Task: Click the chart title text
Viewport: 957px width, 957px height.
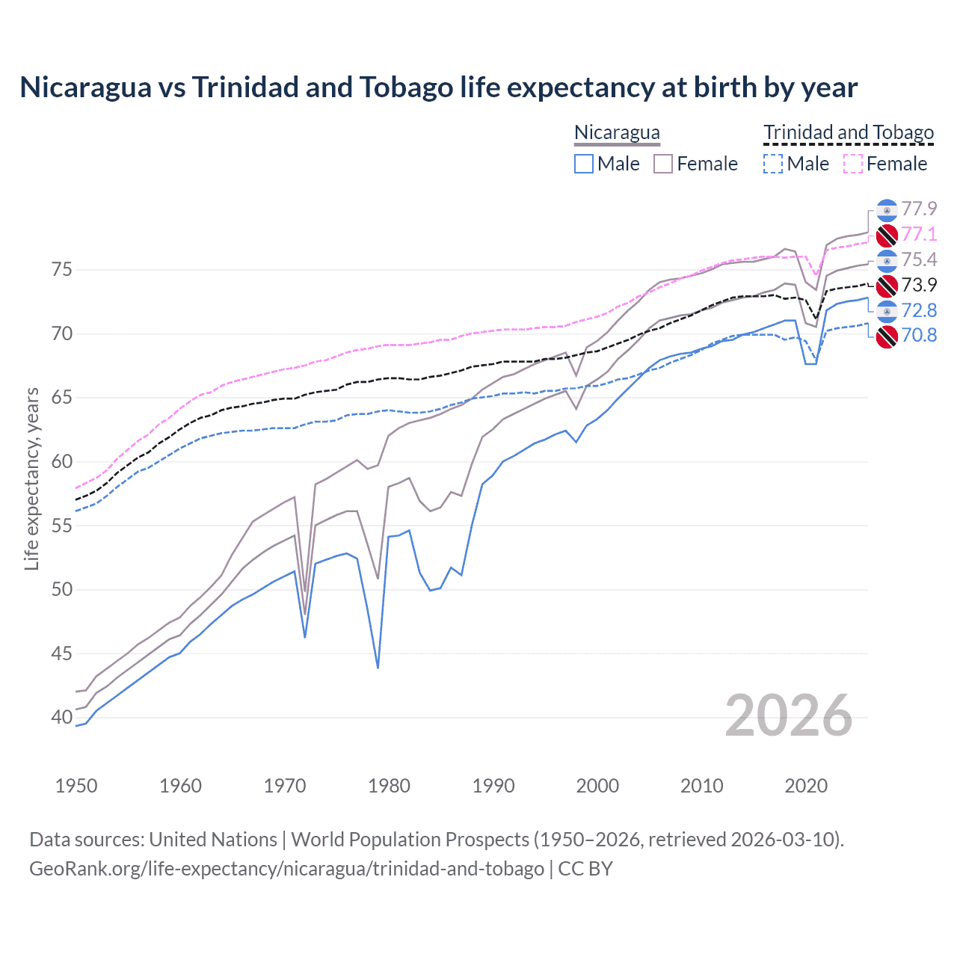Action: [x=438, y=87]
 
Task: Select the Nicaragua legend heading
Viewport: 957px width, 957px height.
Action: [x=617, y=132]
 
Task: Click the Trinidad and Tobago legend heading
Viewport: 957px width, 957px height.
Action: [x=849, y=132]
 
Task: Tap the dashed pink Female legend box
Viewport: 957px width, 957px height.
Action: [x=853, y=164]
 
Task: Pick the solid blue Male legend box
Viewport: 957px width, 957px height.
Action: [x=584, y=164]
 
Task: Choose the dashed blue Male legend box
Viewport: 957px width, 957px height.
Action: [x=773, y=164]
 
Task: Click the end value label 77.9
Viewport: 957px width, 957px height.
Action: [x=919, y=209]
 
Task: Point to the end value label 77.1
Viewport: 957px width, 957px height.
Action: [x=919, y=234]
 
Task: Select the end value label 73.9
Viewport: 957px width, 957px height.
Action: [x=919, y=285]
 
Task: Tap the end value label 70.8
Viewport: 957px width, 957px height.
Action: [x=919, y=335]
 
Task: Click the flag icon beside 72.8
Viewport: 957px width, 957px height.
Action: [x=887, y=310]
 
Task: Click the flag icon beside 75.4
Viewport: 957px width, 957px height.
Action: [x=887, y=260]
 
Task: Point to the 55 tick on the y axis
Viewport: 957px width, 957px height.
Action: [x=62, y=526]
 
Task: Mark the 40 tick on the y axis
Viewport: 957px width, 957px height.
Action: [x=62, y=717]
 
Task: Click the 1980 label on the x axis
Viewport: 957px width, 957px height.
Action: [x=389, y=786]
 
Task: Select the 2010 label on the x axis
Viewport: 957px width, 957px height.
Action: [x=701, y=786]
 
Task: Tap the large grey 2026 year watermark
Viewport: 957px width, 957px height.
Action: [x=788, y=716]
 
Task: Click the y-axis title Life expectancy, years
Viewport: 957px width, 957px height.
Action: [x=31, y=478]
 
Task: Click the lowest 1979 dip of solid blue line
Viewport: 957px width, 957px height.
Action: [x=378, y=667]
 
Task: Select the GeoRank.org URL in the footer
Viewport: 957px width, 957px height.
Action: [x=286, y=869]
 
